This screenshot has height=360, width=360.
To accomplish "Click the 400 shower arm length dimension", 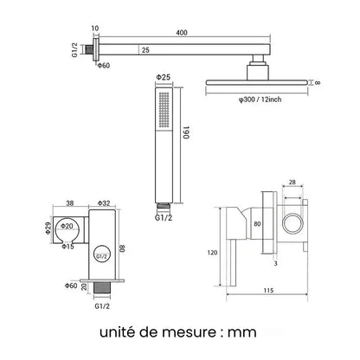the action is (182, 33).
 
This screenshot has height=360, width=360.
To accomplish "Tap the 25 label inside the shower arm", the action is (145, 50).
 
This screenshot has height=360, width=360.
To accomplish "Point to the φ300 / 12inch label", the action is (260, 100).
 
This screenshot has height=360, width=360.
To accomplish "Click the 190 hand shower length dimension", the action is (187, 132).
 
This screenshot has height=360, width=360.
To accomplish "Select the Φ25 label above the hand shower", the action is (164, 77).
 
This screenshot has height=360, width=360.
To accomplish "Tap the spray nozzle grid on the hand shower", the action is (164, 109).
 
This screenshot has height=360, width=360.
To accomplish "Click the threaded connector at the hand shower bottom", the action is (164, 206).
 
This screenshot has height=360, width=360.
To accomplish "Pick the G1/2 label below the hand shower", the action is (164, 217).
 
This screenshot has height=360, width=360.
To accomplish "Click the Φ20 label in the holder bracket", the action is (67, 226).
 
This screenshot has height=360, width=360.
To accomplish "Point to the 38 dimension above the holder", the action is (70, 203).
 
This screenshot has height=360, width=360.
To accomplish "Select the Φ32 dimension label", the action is (104, 203).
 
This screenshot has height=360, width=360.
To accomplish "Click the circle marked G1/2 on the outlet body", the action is (102, 254).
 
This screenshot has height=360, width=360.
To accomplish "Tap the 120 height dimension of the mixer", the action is (212, 253).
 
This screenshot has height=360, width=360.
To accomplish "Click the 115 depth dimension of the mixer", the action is (268, 291).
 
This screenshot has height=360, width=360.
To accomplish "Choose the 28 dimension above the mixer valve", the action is (292, 183).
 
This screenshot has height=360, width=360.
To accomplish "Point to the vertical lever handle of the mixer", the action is (233, 263).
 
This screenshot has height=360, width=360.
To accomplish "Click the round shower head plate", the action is (256, 82).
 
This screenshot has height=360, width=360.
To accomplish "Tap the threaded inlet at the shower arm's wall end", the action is (87, 49).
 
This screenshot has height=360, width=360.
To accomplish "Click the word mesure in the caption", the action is (189, 332).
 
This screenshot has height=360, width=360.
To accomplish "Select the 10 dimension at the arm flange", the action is (95, 29).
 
